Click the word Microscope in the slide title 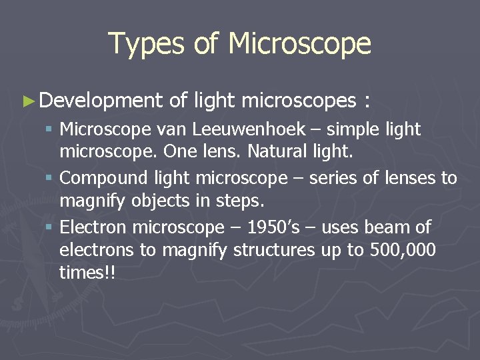(299, 44)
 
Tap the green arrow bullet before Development (28, 101)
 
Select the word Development (101, 101)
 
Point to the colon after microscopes (366, 101)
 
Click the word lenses (407, 179)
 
